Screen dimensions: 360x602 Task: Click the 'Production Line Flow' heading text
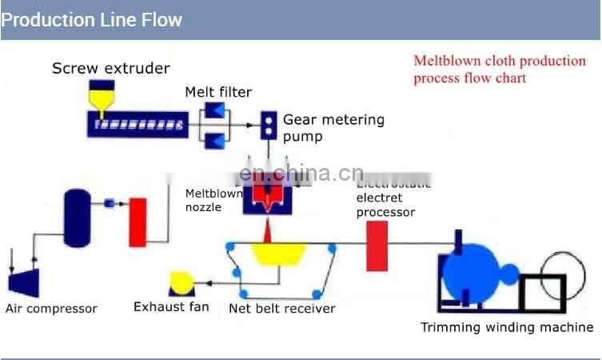click(x=92, y=19)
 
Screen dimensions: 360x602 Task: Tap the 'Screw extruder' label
click(x=111, y=68)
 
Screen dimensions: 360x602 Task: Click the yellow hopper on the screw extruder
click(x=101, y=98)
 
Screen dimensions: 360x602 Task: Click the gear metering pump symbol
click(x=269, y=124)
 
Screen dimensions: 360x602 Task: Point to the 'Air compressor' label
click(x=51, y=309)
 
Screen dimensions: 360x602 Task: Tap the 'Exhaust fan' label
click(x=171, y=306)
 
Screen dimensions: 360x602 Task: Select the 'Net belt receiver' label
click(x=282, y=308)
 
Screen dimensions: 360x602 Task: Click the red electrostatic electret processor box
click(x=377, y=245)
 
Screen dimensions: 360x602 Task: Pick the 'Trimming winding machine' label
click(x=507, y=326)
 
